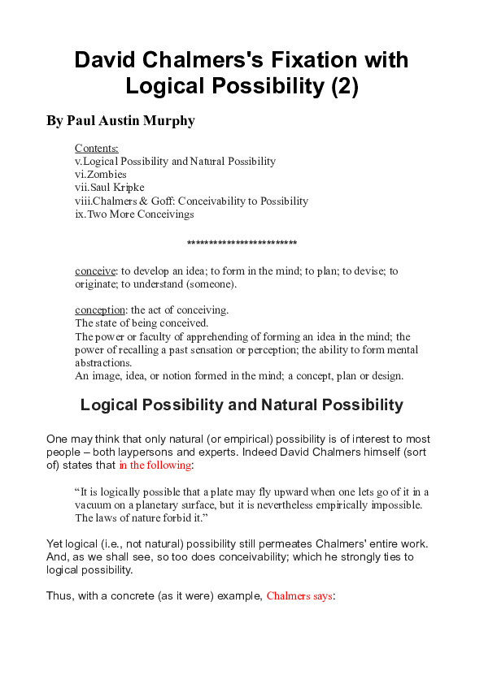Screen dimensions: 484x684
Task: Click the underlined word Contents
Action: pos(96,148)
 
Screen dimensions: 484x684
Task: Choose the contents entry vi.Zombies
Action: pos(100,174)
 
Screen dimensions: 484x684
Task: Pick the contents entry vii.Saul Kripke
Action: pos(109,187)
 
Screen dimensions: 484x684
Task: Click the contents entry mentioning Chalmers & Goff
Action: pos(191,201)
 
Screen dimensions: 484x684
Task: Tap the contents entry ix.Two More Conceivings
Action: pos(134,214)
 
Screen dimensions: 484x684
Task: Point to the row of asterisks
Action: pos(242,244)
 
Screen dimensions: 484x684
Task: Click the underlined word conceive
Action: pos(95,271)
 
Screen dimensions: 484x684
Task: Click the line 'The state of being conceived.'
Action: pos(142,323)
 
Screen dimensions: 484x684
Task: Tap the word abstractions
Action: pos(102,363)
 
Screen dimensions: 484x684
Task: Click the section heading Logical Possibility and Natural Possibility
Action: pos(242,405)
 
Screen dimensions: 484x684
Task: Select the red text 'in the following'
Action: pos(155,465)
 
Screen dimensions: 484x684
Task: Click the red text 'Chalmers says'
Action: pos(299,595)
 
